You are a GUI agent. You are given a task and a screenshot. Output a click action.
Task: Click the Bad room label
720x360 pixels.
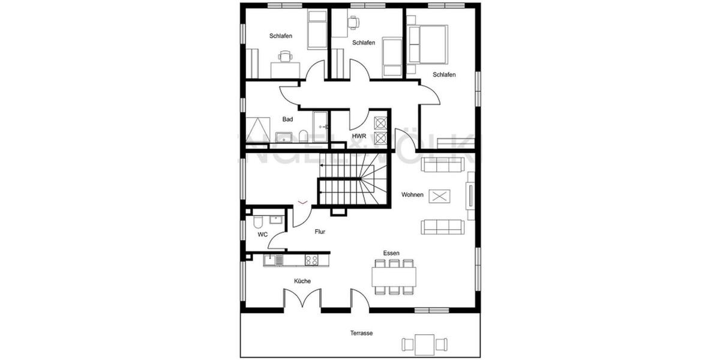pyautogui.click(x=288, y=119)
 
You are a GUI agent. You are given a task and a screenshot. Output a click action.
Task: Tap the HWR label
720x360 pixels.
pyautogui.click(x=359, y=137)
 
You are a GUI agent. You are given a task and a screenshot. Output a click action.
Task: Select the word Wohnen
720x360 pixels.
pyautogui.click(x=413, y=195)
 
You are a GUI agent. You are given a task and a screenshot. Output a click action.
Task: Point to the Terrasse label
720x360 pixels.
pyautogui.click(x=361, y=333)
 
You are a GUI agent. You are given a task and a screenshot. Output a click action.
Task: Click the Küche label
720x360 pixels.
pyautogui.click(x=302, y=281)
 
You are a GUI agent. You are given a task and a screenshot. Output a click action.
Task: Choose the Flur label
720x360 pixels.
pyautogui.click(x=320, y=231)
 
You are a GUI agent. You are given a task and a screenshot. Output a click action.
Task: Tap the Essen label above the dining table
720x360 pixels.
pyautogui.click(x=392, y=253)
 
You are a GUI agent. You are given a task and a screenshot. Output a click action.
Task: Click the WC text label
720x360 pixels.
pyautogui.click(x=262, y=235)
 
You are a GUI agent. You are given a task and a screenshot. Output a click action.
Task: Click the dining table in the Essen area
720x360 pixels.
pyautogui.click(x=394, y=277)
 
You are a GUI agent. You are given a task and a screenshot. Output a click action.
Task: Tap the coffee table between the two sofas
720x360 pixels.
pyautogui.click(x=441, y=196)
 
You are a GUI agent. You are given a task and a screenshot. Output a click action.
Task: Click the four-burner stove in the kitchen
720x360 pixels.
pyautogui.click(x=311, y=260)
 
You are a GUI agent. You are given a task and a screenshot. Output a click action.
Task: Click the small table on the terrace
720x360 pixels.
pyautogui.click(x=425, y=344)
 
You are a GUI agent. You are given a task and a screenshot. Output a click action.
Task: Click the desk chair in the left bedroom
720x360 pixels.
pyautogui.click(x=285, y=57)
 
